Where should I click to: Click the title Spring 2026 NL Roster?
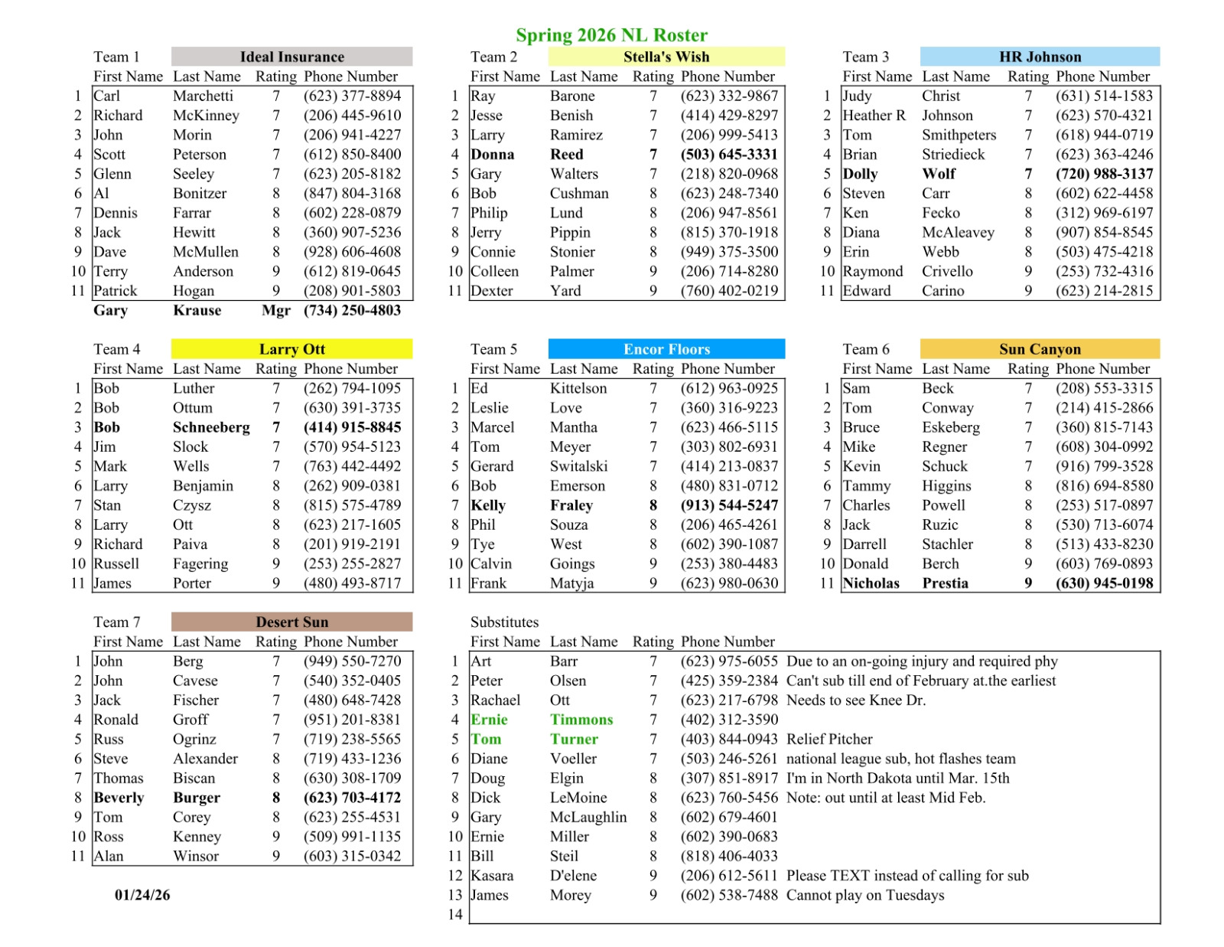(611, 35)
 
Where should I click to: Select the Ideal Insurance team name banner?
(291, 57)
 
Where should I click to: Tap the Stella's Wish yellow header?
(666, 57)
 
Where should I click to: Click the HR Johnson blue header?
(1040, 57)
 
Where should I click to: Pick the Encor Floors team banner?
(666, 349)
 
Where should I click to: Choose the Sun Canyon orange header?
(1040, 349)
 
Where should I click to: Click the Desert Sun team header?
(291, 622)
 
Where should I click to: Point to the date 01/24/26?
(142, 895)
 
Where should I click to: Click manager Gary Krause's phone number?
(352, 310)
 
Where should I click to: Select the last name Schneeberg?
(211, 427)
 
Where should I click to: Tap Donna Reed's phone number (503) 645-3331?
(729, 154)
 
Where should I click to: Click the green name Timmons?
(581, 720)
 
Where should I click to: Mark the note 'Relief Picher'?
(829, 739)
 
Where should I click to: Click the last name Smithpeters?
(959, 135)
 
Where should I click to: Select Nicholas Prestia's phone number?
(1104, 583)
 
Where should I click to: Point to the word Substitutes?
(504, 622)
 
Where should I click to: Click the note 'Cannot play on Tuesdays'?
(865, 895)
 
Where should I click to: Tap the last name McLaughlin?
(588, 817)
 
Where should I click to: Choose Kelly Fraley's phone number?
(729, 505)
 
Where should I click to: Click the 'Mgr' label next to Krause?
(275, 310)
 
